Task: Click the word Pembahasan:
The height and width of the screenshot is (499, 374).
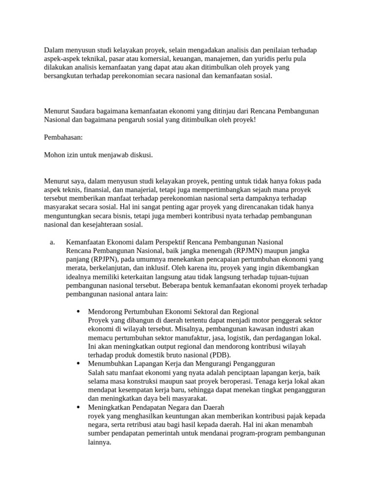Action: click(63, 137)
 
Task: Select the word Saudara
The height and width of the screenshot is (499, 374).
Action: click(86, 111)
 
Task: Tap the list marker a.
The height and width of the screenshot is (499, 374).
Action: click(53, 242)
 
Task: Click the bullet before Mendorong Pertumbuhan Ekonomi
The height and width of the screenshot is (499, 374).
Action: click(78, 311)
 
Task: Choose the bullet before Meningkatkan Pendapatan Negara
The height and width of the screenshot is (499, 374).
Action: click(78, 407)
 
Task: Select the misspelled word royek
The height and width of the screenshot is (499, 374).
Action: click(97, 416)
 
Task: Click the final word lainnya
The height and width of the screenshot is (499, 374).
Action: click(100, 442)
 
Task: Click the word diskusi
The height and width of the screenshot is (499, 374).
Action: click(141, 155)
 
